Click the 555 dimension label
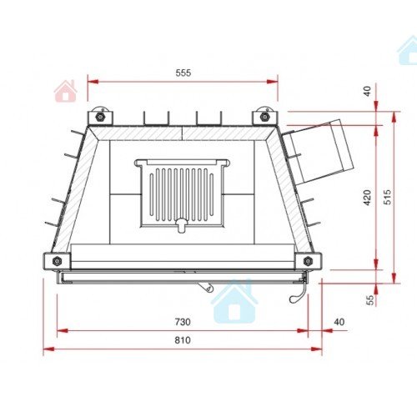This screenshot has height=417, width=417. [x=183, y=73]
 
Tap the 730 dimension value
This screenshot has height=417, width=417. [x=183, y=322]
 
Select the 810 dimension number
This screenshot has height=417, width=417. [x=183, y=340]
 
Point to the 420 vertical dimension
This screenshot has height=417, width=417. [x=367, y=198]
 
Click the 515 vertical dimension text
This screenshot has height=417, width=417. [x=387, y=197]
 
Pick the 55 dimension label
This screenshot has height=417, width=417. [x=370, y=300]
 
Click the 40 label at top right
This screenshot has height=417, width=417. [x=367, y=91]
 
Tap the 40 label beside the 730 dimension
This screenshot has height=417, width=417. [x=339, y=322]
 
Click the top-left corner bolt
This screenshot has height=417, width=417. [x=100, y=117]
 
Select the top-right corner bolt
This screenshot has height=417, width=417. [x=264, y=117]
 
